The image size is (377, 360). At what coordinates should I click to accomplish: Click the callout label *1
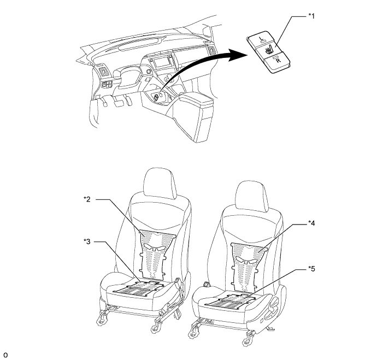[311, 16]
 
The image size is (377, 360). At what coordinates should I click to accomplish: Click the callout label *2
[87, 199]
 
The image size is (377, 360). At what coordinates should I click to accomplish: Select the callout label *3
[87, 241]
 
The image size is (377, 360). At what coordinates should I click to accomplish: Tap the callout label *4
[311, 223]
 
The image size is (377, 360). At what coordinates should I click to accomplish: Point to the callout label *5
[311, 269]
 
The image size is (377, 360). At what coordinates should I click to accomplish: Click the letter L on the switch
[261, 38]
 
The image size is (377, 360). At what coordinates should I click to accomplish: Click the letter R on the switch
[278, 61]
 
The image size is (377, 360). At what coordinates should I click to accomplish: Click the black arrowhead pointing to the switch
[238, 55]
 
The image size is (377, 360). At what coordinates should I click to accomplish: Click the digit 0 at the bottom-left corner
[5, 355]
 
